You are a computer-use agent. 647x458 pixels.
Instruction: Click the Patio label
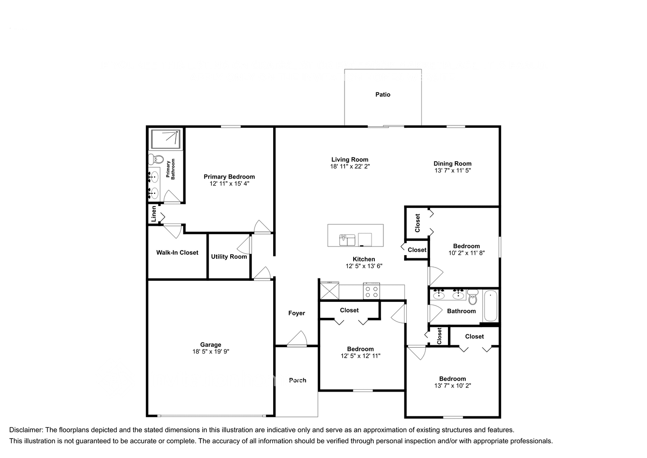383,94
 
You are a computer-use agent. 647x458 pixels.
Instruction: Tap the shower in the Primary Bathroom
166,139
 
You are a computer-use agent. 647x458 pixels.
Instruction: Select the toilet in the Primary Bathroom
156,159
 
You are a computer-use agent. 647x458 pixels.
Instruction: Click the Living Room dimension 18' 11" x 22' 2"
350,167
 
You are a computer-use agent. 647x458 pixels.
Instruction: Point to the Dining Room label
452,164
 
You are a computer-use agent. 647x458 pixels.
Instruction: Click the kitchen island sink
347,240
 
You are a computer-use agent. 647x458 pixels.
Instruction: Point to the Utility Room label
229,256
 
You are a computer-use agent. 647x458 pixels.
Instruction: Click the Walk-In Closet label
177,252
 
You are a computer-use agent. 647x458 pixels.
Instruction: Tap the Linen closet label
154,214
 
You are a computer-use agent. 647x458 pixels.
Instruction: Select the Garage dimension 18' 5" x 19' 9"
210,352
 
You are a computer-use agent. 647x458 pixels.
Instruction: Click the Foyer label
297,313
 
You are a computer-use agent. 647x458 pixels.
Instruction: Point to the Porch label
297,380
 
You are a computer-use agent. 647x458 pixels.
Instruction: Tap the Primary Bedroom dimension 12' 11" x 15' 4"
229,184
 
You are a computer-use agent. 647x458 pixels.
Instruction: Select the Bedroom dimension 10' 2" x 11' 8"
466,253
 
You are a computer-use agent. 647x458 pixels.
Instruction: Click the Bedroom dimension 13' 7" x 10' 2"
452,386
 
